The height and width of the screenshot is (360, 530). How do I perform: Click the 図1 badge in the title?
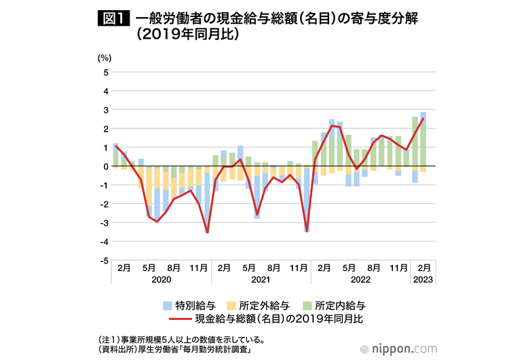pos(113,19)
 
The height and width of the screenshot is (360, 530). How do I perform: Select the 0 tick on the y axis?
pos(105,166)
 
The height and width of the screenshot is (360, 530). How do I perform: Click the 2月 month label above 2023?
pos(423,268)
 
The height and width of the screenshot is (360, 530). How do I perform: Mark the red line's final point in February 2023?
pos(423,119)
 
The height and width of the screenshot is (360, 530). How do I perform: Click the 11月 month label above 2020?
pos(199,268)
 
